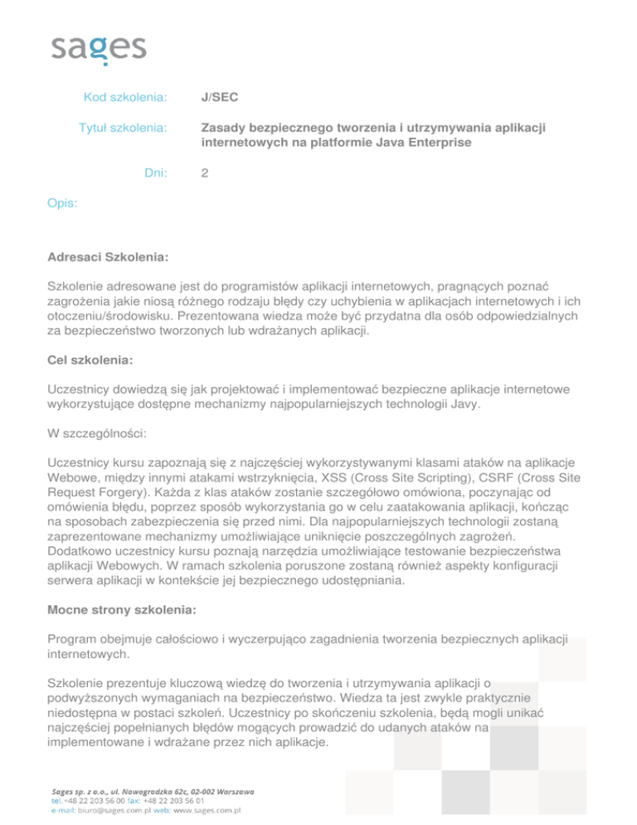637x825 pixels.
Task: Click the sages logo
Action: (99, 47)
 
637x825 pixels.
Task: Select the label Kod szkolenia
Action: (126, 99)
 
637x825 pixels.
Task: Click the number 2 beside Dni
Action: (205, 173)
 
